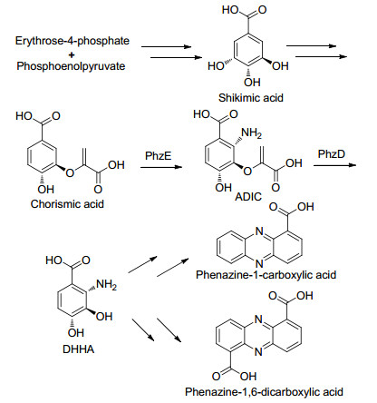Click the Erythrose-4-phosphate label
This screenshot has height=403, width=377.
tap(72, 41)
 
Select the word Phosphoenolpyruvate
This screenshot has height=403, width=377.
tap(71, 66)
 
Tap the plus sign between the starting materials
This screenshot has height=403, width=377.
tap(72, 54)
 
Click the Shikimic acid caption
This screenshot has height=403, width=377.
tap(251, 98)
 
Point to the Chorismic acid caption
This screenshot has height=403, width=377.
tap(67, 204)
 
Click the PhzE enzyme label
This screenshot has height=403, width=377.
tap(158, 156)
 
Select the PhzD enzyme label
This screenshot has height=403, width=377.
tap(331, 154)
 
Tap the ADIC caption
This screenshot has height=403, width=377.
tap(248, 197)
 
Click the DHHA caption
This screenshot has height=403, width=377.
tap(78, 349)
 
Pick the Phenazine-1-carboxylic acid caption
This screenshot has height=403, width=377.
tap(266, 275)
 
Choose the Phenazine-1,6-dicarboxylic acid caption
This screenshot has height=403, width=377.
tap(264, 392)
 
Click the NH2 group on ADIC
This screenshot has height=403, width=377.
tap(251, 133)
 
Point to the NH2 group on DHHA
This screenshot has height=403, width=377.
tap(106, 285)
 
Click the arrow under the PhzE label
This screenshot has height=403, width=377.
tap(161, 167)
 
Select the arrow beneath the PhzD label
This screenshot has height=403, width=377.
tap(335, 165)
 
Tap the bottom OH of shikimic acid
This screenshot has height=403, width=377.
tap(252, 82)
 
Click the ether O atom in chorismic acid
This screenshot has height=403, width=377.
tap(70, 172)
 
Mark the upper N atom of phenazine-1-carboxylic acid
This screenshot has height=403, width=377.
tap(259, 231)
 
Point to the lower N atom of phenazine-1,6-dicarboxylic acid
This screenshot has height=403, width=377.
tap(258, 352)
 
